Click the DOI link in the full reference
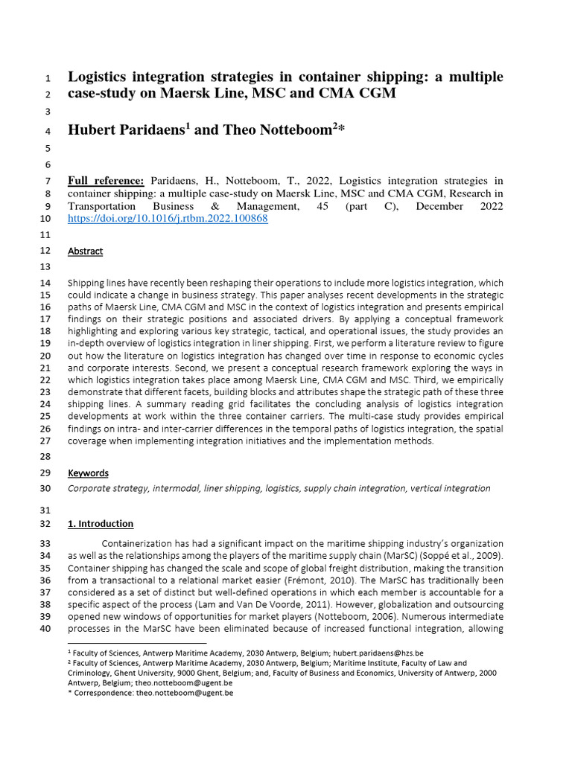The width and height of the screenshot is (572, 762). (x=168, y=219)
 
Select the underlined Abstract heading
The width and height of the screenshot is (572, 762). (x=85, y=251)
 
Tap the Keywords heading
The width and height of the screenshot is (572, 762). (x=88, y=473)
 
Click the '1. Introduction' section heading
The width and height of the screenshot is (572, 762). (x=101, y=523)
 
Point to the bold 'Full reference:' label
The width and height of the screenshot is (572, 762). (x=106, y=181)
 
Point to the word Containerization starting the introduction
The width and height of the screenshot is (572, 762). (x=140, y=543)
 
